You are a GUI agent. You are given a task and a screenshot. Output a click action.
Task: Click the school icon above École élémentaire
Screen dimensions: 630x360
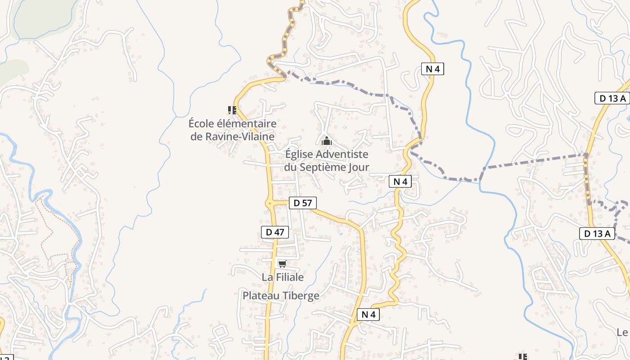click(x=232, y=110)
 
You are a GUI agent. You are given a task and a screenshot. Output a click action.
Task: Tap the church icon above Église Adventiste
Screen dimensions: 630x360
click(x=327, y=141)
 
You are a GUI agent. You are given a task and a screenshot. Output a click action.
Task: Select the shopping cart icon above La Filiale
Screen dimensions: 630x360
click(x=283, y=264)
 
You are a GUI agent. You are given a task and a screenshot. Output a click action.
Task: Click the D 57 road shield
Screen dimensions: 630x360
click(x=302, y=203)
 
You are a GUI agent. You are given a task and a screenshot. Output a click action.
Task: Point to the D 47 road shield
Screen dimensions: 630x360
click(x=275, y=232)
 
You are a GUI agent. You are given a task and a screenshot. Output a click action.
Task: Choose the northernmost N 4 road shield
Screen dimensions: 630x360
click(x=432, y=69)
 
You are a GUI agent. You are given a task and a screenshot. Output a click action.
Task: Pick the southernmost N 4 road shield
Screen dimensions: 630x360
click(x=368, y=315)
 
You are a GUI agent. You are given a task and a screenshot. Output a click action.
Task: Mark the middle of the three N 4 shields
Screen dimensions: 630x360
click(x=400, y=181)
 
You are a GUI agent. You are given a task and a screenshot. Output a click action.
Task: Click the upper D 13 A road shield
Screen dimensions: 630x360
click(x=612, y=98)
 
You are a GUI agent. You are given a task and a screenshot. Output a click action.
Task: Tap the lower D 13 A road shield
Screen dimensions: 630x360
click(x=597, y=233)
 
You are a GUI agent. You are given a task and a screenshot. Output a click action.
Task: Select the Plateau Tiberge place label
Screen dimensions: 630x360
click(x=281, y=296)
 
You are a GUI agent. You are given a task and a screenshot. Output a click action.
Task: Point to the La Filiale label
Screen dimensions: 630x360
click(x=283, y=277)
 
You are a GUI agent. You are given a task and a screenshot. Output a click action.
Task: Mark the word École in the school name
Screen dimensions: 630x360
click(x=201, y=123)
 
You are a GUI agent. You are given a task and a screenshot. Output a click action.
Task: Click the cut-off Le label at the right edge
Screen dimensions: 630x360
click(x=622, y=333)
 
